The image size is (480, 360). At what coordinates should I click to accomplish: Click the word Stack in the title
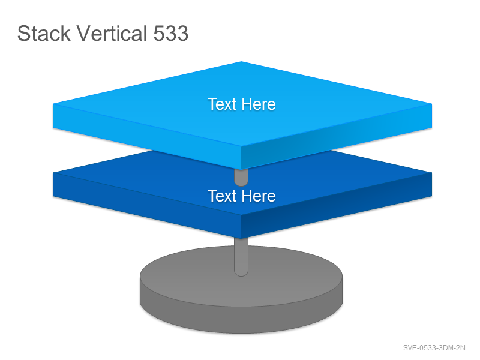[x=44, y=34]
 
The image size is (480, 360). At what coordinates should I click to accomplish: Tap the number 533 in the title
[x=170, y=34]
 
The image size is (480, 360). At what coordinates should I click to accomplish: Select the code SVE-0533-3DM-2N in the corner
[x=434, y=348]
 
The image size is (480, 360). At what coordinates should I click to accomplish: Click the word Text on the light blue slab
[x=222, y=104]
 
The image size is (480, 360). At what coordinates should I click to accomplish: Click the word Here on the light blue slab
[x=259, y=104]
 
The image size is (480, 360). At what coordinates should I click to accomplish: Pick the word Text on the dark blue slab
[x=222, y=196]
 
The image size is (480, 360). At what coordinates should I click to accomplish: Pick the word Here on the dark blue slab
[x=259, y=196]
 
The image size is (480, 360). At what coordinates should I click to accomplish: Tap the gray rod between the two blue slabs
[x=241, y=177]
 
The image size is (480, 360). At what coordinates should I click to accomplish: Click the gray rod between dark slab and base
[x=241, y=257]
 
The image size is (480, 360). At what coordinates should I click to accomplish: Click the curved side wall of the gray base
[x=241, y=320]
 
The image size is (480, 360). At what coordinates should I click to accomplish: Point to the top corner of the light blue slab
[x=242, y=62]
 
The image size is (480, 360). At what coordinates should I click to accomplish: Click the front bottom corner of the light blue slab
[x=241, y=170]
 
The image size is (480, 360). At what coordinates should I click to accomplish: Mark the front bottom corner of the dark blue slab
[x=241, y=238]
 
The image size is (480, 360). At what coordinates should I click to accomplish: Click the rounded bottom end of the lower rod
[x=241, y=274]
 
